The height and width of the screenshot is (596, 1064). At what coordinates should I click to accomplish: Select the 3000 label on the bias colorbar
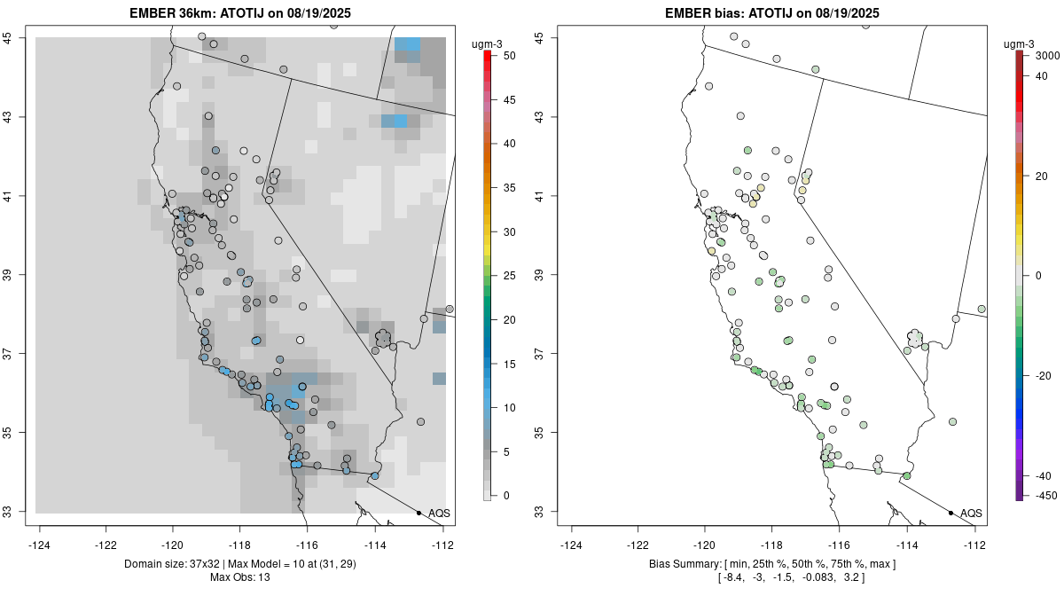1047,55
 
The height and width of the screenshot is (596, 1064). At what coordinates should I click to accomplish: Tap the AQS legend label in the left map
439,514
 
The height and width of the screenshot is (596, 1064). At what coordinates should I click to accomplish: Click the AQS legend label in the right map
971,514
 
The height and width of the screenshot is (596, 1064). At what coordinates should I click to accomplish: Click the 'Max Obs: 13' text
240,577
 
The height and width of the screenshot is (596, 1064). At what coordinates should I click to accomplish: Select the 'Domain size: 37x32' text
178,564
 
